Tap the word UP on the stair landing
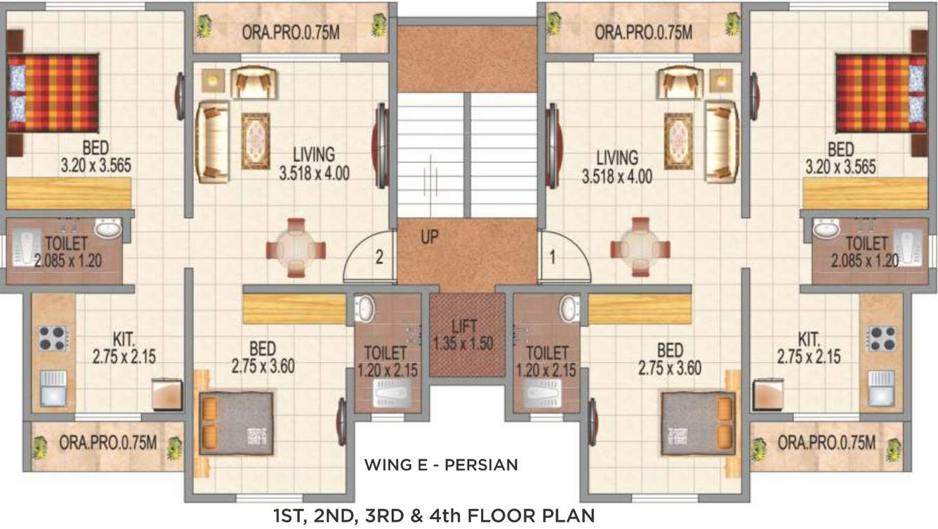tap(430, 237)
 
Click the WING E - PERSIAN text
tap(440, 464)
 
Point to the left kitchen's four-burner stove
tap(53, 339)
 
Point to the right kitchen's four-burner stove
tap(881, 339)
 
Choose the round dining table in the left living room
tap(296, 248)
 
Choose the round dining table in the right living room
tap(640, 248)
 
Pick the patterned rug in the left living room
tap(256, 141)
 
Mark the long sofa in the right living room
tap(722, 141)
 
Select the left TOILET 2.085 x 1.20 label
tap(66, 252)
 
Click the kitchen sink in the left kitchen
tap(53, 389)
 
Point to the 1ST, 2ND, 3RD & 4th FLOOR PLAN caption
tap(434, 516)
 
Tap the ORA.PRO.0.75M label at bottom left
tap(108, 443)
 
